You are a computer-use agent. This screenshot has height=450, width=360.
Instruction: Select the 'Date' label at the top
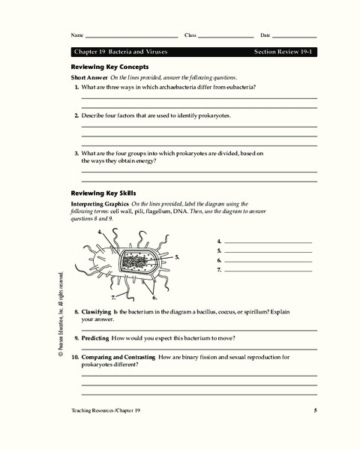pyautogui.click(x=265, y=36)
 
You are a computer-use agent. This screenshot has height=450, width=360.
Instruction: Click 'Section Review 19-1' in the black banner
pyautogui.click(x=285, y=52)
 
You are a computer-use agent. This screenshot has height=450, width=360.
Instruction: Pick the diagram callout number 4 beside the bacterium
pyautogui.click(x=100, y=232)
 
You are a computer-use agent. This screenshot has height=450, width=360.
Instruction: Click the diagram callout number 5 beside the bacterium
pyautogui.click(x=177, y=257)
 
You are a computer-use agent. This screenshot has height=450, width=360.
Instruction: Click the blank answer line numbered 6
pyautogui.click(x=268, y=260)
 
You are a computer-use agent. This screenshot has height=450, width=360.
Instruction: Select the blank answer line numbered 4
pyautogui.click(x=268, y=241)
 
